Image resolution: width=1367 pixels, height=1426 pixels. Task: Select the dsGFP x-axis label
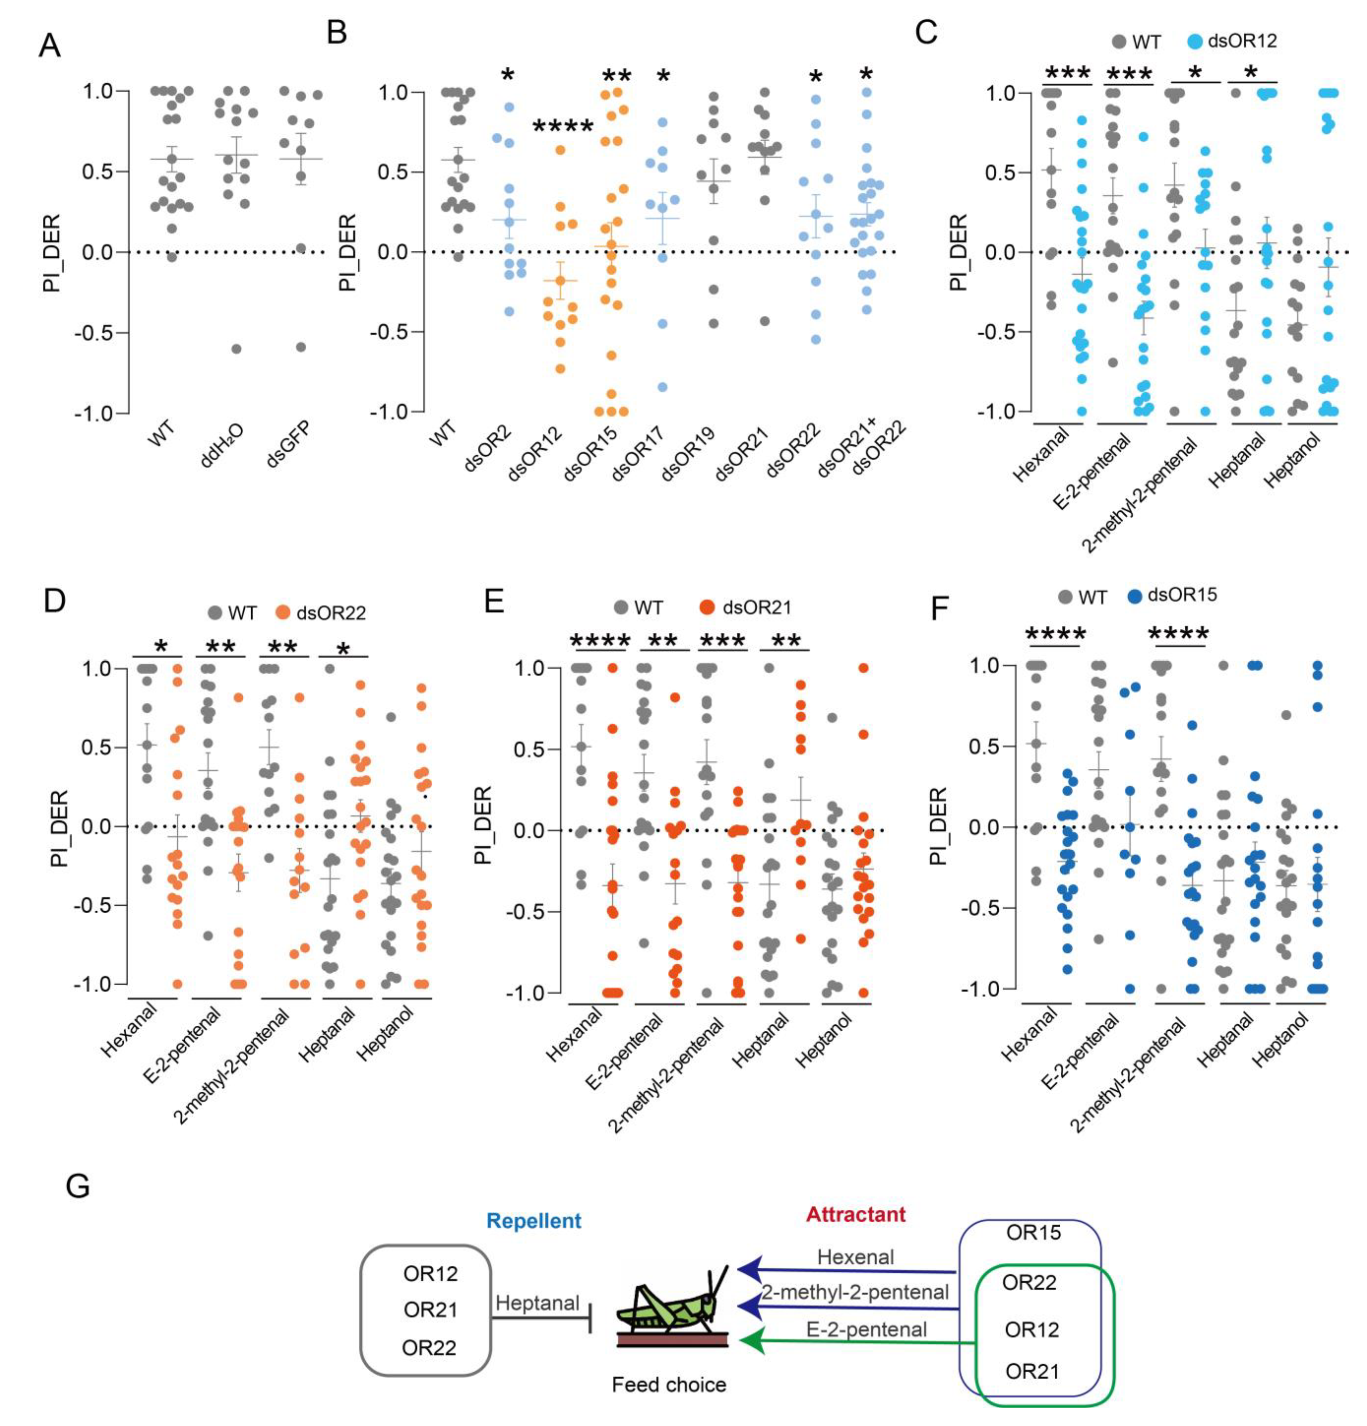[288, 445]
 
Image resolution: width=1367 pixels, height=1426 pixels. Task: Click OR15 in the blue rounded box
[1033, 1233]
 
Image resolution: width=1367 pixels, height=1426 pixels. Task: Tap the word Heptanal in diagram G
[537, 1303]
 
